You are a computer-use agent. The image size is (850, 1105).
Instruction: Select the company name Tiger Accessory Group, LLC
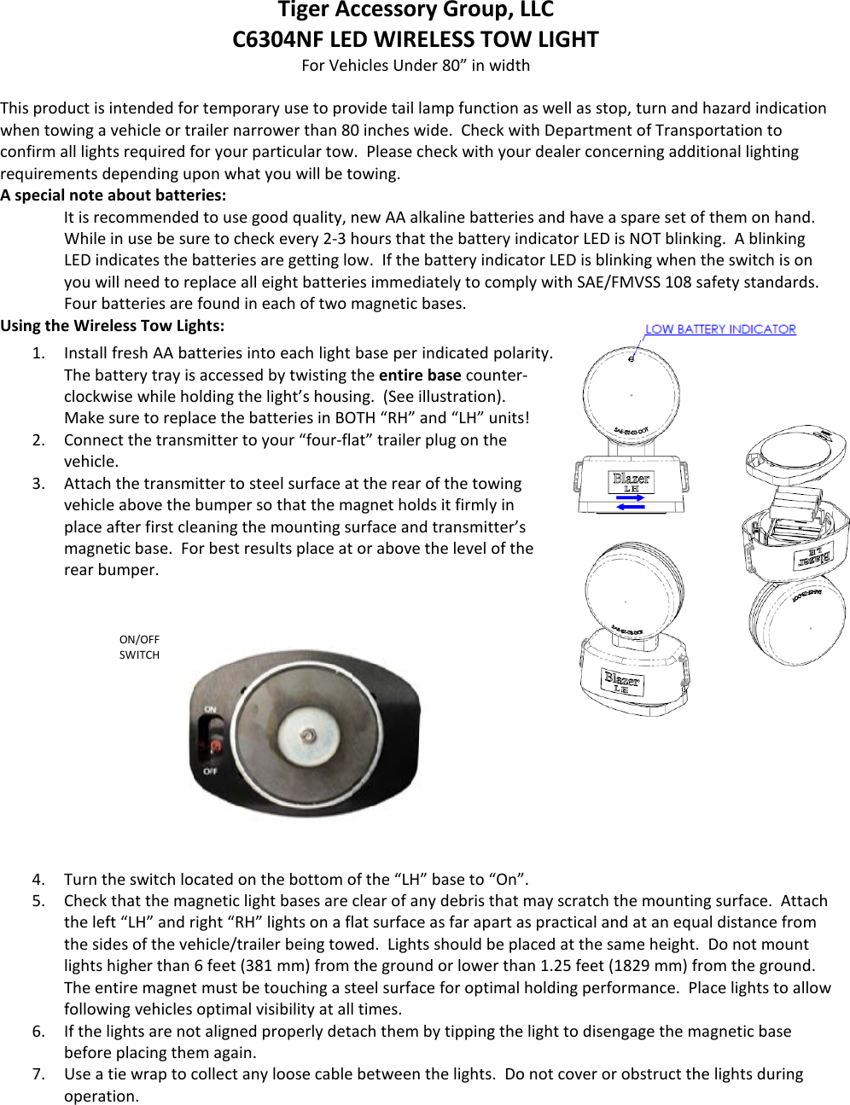(416, 10)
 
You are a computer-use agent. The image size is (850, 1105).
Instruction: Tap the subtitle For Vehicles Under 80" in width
(416, 66)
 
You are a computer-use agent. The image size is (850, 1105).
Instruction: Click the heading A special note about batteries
(114, 195)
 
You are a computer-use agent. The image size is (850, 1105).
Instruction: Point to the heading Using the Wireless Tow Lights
(113, 326)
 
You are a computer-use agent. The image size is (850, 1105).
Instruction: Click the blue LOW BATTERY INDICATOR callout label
(720, 329)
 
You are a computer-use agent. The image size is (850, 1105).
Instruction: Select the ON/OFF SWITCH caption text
(139, 647)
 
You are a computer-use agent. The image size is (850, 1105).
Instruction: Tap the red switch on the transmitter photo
(215, 746)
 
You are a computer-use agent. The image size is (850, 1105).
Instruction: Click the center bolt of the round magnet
(309, 736)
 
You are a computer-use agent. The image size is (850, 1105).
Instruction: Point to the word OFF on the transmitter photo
(210, 771)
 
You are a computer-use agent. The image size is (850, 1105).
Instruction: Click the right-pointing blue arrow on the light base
(630, 497)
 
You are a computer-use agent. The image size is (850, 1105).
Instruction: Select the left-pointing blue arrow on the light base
(630, 508)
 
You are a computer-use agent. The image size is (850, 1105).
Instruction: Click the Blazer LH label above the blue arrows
(631, 482)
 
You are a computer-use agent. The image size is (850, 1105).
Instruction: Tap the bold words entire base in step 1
(420, 375)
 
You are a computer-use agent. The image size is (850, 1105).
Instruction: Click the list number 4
(38, 880)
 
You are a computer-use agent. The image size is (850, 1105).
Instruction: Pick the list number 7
(38, 1074)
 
